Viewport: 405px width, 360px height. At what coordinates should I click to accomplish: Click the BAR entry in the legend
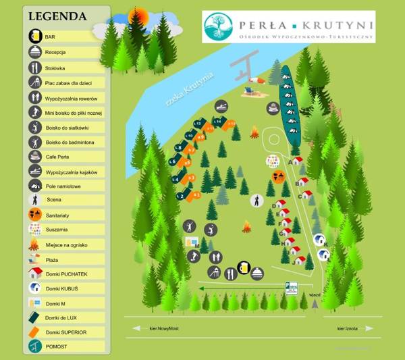tap(50, 36)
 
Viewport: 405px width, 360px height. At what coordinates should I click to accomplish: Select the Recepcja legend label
tap(55, 52)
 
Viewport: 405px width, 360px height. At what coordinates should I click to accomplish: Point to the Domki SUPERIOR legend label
tap(66, 332)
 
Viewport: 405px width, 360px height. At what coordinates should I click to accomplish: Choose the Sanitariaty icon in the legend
tap(35, 215)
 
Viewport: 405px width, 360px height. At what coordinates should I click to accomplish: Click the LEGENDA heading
tap(57, 16)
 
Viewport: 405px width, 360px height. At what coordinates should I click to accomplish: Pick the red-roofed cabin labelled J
tap(299, 259)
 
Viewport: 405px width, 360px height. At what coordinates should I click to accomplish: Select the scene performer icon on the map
tap(257, 201)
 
